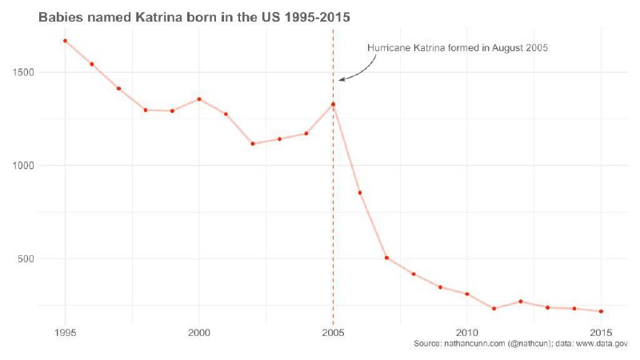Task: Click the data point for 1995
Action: tap(65, 41)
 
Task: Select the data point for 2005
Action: tap(333, 104)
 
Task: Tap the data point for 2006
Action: tap(360, 193)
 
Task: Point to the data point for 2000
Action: tap(199, 99)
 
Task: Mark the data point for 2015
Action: tap(601, 311)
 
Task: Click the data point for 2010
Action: tap(467, 294)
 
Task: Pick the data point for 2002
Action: tap(253, 144)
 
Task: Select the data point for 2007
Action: tap(386, 258)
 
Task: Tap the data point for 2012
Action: tap(521, 302)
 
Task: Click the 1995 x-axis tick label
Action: tap(65, 332)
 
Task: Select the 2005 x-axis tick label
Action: tap(333, 332)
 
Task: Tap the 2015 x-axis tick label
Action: tap(601, 332)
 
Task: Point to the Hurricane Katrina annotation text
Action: tap(457, 48)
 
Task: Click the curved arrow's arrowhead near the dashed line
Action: tap(341, 79)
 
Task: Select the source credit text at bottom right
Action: tap(520, 344)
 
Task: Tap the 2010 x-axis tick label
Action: tap(467, 332)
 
